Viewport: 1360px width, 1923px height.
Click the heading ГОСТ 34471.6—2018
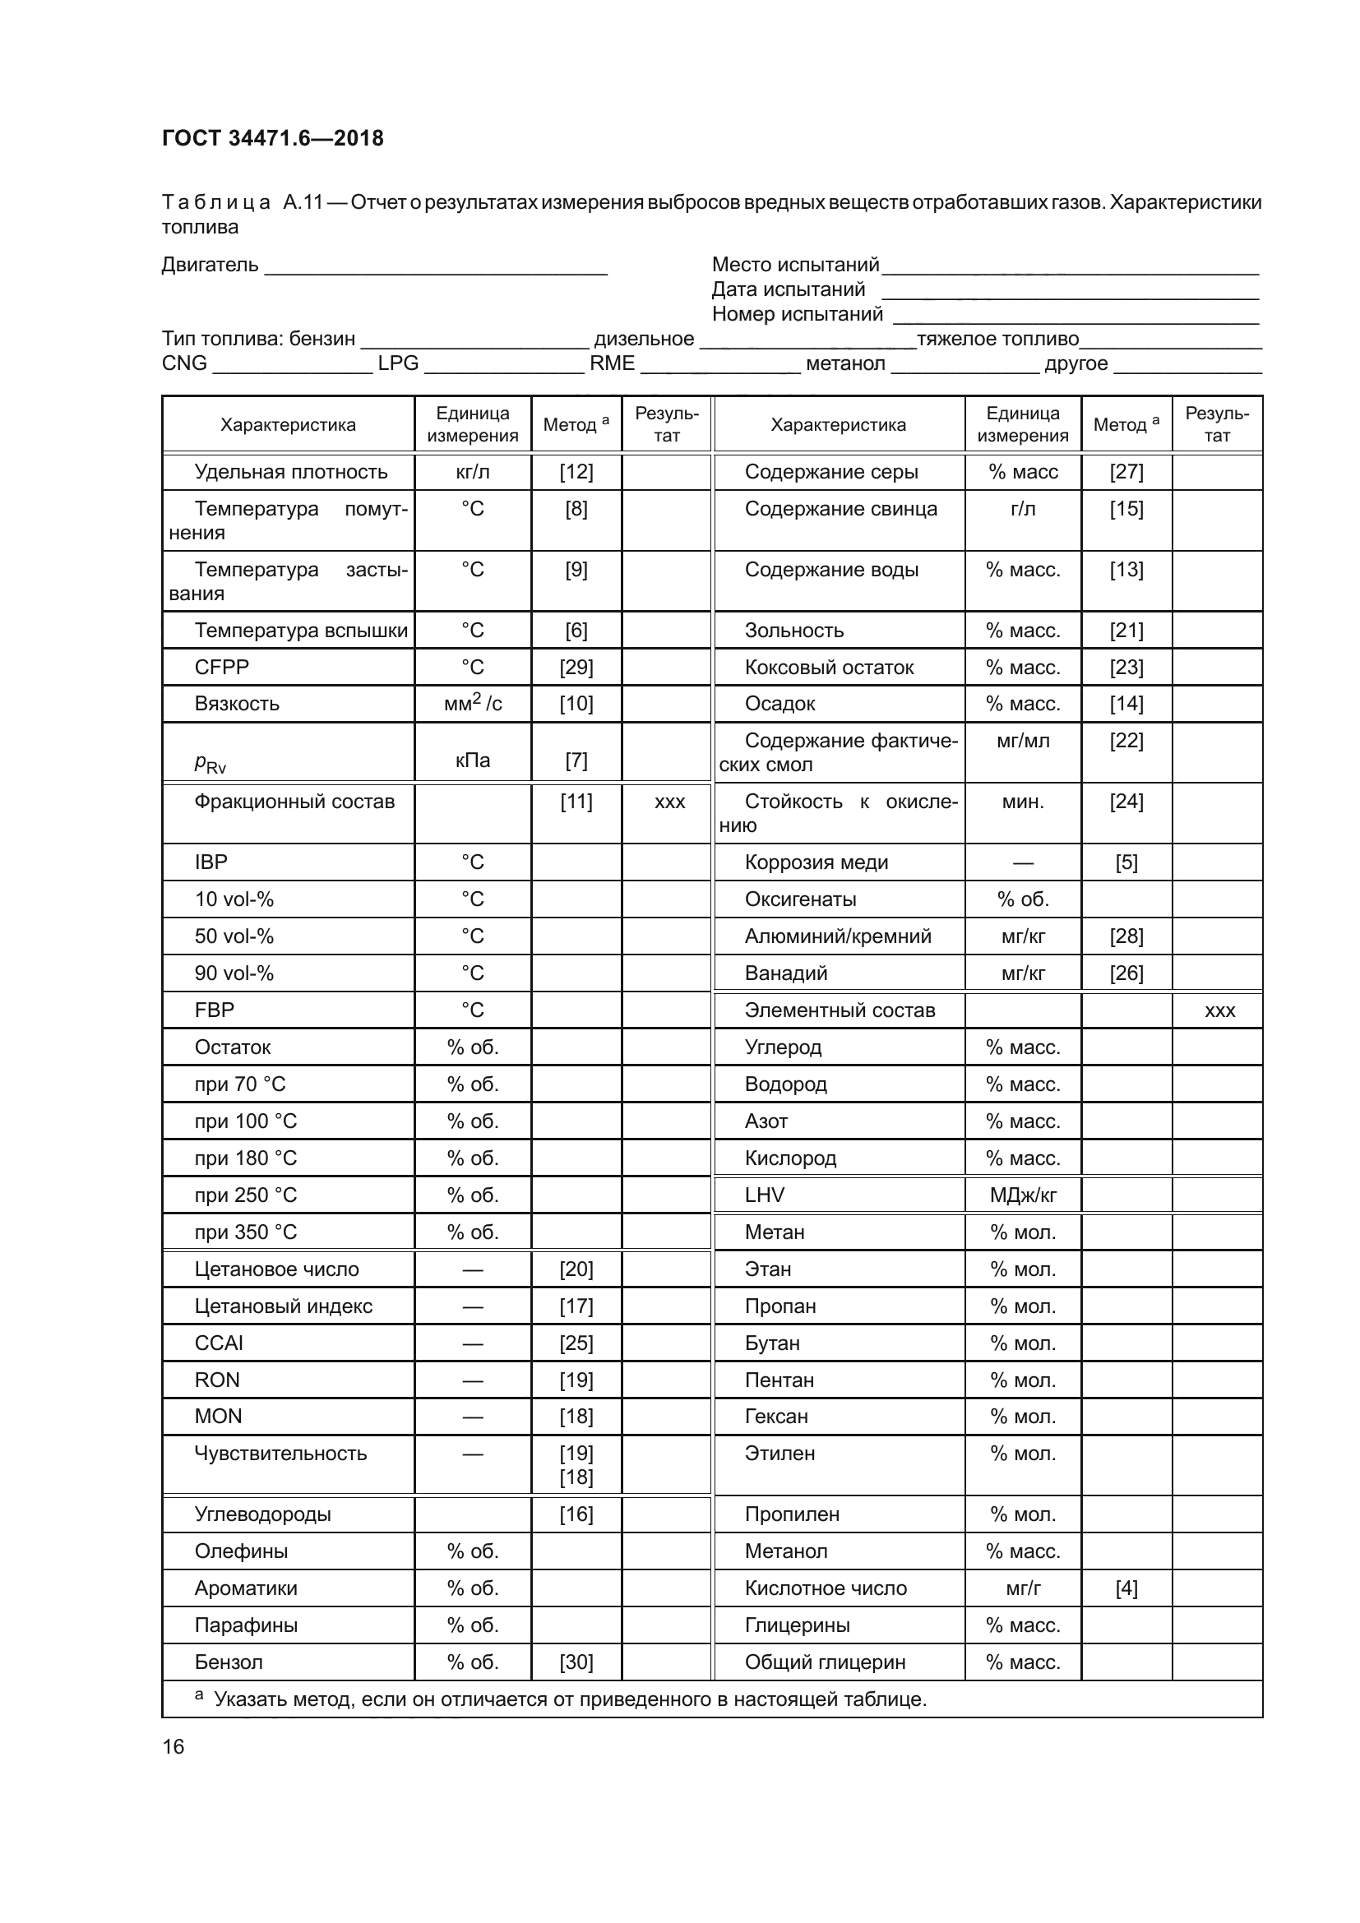pos(272,138)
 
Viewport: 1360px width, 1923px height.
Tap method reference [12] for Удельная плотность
pos(576,472)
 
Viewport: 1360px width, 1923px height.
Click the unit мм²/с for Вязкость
pos(472,704)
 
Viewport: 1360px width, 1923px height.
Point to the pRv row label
pos(210,762)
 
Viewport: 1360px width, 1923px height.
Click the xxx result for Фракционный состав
pos(669,802)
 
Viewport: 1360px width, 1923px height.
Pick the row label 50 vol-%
pos(234,936)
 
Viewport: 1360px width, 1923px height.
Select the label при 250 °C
pos(245,1195)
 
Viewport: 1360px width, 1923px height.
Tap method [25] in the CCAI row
pos(576,1343)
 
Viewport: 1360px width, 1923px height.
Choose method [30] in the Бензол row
pos(576,1662)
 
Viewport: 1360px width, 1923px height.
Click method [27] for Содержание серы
pos(1126,472)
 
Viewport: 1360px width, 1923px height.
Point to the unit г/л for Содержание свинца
pos(1023,508)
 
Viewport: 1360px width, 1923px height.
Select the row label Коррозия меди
pos(816,862)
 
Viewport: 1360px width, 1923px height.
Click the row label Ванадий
pos(785,973)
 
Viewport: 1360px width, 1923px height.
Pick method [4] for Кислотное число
pos(1126,1588)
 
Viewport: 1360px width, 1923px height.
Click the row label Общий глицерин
pos(825,1662)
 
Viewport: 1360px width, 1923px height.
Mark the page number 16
pos(173,1746)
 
